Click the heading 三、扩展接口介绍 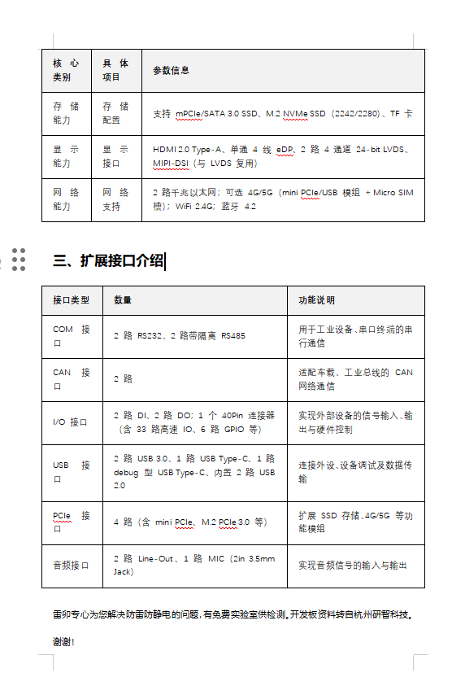coord(107,260)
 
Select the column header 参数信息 coord(171,71)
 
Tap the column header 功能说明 coord(316,300)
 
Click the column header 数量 coord(123,300)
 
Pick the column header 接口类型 coord(71,300)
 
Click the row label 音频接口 coord(71,565)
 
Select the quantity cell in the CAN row coord(124,379)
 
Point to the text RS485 coord(232,335)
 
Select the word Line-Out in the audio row coord(156,558)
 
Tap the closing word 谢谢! coord(63,642)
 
